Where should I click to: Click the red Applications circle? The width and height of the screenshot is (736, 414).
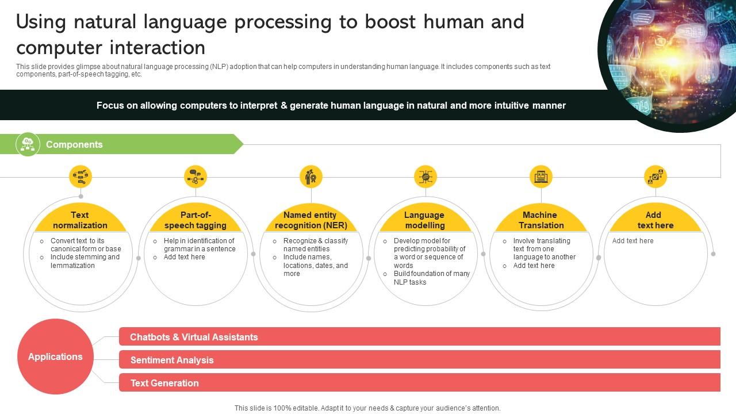[55, 356]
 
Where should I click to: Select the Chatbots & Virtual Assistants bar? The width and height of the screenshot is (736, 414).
[420, 336]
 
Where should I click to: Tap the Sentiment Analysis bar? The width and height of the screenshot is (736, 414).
[420, 359]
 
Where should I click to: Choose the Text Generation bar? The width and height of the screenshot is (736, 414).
[420, 382]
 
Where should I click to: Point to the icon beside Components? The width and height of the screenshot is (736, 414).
[28, 144]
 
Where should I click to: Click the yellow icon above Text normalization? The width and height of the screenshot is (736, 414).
[80, 177]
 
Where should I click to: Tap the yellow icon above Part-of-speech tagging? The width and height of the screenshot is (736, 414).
[195, 177]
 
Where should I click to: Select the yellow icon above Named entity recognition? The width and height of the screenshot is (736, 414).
[311, 177]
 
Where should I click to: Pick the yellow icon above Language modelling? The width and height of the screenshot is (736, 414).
[425, 177]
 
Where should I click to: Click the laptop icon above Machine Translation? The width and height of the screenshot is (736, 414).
[541, 177]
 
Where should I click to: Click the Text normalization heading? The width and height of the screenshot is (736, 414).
[80, 220]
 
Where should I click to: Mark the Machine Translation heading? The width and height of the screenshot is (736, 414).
[541, 220]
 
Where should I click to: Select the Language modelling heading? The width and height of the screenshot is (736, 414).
[424, 220]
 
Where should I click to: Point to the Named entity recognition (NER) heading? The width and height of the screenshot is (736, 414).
[311, 220]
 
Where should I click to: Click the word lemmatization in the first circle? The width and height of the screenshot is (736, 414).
[72, 266]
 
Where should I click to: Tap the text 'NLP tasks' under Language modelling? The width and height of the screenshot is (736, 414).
[410, 282]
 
